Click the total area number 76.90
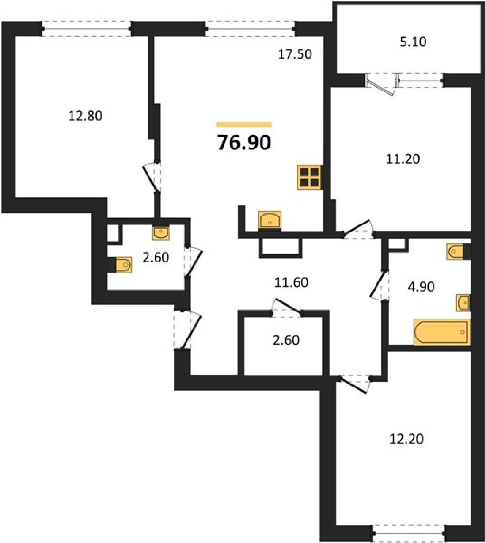pyautogui.click(x=244, y=143)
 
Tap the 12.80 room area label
pyautogui.click(x=86, y=116)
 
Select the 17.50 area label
pyautogui.click(x=295, y=54)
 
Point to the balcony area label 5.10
pyautogui.click(x=413, y=42)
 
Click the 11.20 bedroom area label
pyautogui.click(x=403, y=158)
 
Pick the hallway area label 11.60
pyautogui.click(x=291, y=282)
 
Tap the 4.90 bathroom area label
pyautogui.click(x=421, y=287)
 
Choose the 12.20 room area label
pyautogui.click(x=406, y=439)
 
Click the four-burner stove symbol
pyautogui.click(x=309, y=177)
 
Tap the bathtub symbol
pyautogui.click(x=442, y=332)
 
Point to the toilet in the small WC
pyautogui.click(x=124, y=264)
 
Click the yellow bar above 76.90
pyautogui.click(x=244, y=125)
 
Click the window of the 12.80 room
pyautogui.click(x=87, y=29)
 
